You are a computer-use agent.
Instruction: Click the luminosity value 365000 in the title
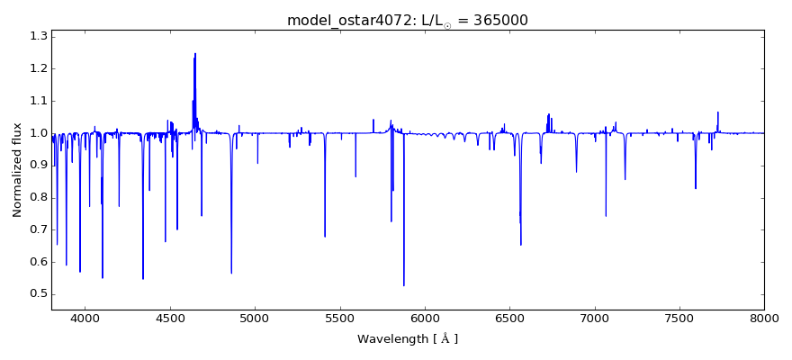496,20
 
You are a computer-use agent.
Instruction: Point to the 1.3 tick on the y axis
38,36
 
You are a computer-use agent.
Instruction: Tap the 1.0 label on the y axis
38,133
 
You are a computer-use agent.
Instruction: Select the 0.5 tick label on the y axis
38,294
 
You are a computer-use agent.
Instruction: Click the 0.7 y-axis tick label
38,229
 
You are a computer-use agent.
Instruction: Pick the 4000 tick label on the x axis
85,319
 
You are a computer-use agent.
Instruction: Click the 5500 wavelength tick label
340,319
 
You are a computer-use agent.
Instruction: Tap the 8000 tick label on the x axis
764,319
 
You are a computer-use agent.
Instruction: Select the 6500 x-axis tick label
509,319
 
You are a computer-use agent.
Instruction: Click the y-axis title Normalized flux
17,170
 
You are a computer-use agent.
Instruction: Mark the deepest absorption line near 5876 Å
404,285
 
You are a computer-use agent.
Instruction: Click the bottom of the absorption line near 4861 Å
231,273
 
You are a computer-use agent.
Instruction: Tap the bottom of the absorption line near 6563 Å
520,244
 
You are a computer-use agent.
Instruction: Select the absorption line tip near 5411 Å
325,236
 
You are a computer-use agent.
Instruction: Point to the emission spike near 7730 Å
718,112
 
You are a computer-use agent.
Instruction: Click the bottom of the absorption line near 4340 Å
143,278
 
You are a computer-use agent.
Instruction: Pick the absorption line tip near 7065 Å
606,215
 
